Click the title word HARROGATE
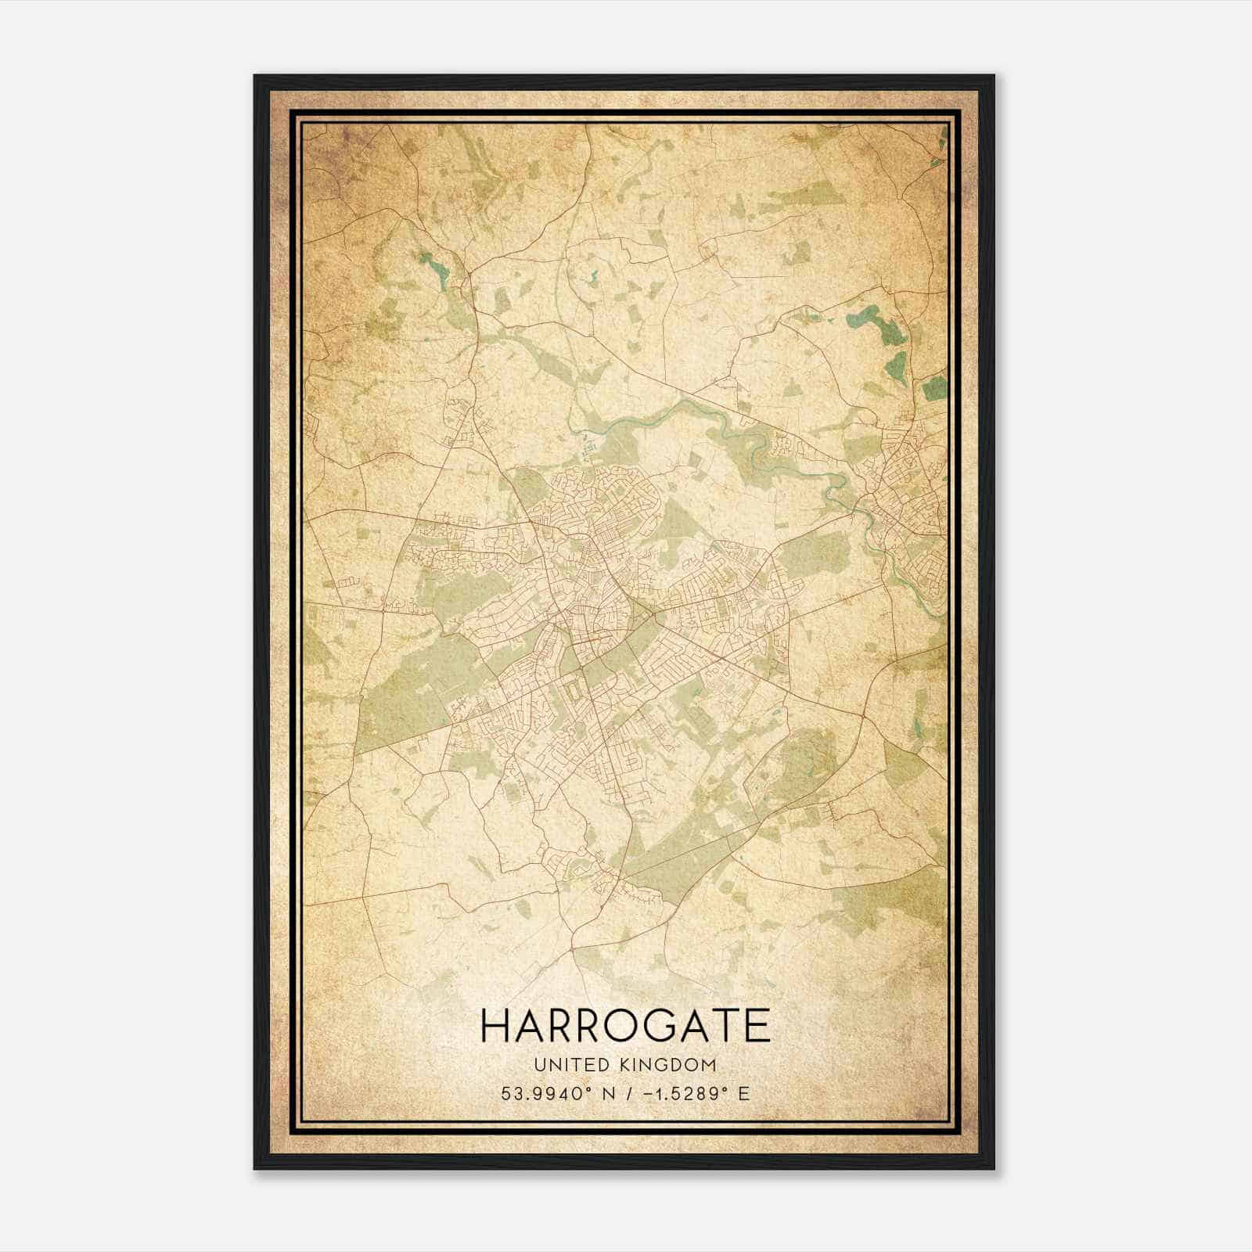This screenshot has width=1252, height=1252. click(x=625, y=1026)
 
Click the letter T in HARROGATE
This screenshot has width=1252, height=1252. click(x=728, y=1026)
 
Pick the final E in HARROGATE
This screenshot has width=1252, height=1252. click(x=757, y=1026)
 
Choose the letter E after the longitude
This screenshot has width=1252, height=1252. click(x=744, y=1093)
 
